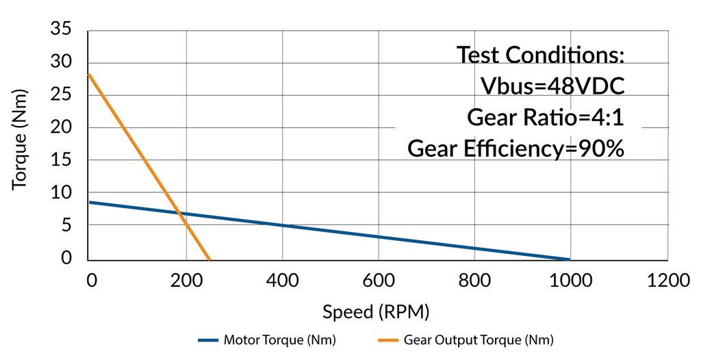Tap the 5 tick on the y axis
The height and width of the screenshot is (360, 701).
click(67, 226)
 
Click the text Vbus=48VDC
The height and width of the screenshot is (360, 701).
click(552, 86)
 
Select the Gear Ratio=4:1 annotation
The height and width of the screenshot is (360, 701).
click(545, 117)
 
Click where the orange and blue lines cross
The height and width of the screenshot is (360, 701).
click(179, 214)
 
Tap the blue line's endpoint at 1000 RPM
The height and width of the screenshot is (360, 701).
click(568, 259)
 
